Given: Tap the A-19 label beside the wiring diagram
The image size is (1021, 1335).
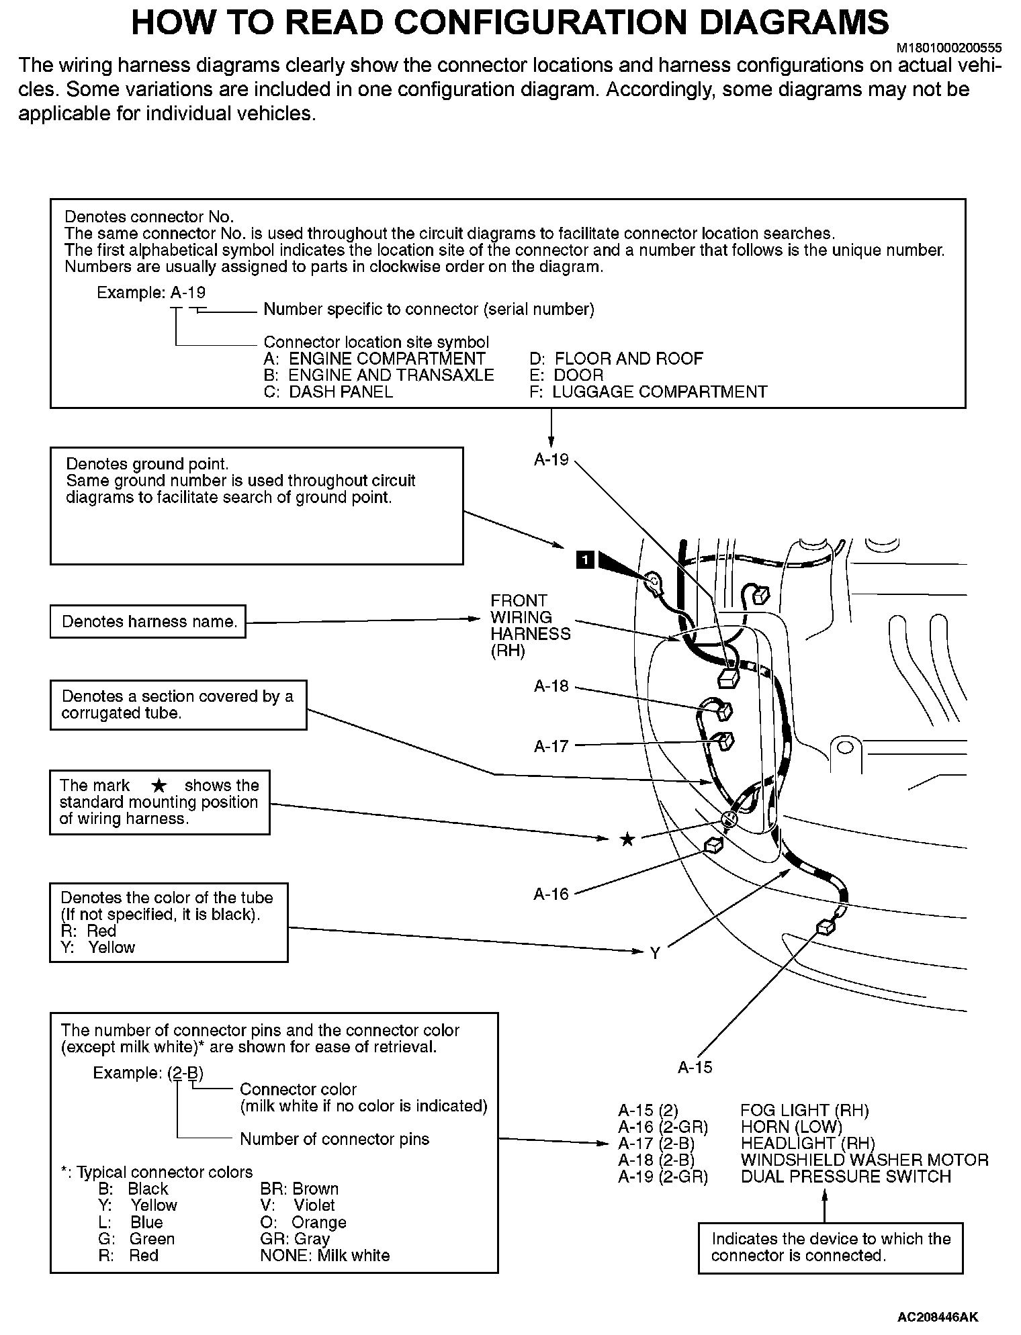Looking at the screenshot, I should click(x=551, y=460).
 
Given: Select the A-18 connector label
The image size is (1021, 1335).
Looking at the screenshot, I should click(x=551, y=686).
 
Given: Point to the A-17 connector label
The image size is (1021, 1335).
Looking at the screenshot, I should click(x=551, y=745).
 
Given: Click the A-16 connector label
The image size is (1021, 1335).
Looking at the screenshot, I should click(x=551, y=894).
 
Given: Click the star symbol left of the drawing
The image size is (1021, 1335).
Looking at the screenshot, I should click(x=627, y=839).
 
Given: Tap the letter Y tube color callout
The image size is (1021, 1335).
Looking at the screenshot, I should click(x=655, y=953).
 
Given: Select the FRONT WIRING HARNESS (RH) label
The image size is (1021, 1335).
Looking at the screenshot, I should click(x=529, y=626).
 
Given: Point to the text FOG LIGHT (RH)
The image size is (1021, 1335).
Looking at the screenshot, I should click(x=804, y=1110).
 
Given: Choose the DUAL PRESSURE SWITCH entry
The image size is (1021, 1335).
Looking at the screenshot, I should click(x=845, y=1177).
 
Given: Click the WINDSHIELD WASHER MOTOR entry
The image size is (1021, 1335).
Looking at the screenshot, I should click(x=864, y=1160).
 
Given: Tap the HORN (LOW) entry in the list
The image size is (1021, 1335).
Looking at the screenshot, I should click(x=791, y=1127).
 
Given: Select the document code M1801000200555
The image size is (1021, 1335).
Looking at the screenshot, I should click(x=949, y=48).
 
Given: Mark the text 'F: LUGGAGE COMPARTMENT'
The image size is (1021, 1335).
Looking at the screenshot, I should click(x=648, y=392).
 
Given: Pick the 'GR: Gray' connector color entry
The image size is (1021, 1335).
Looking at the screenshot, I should click(x=295, y=1239).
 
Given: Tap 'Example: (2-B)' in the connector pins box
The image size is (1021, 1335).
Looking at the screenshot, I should click(x=148, y=1072).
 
